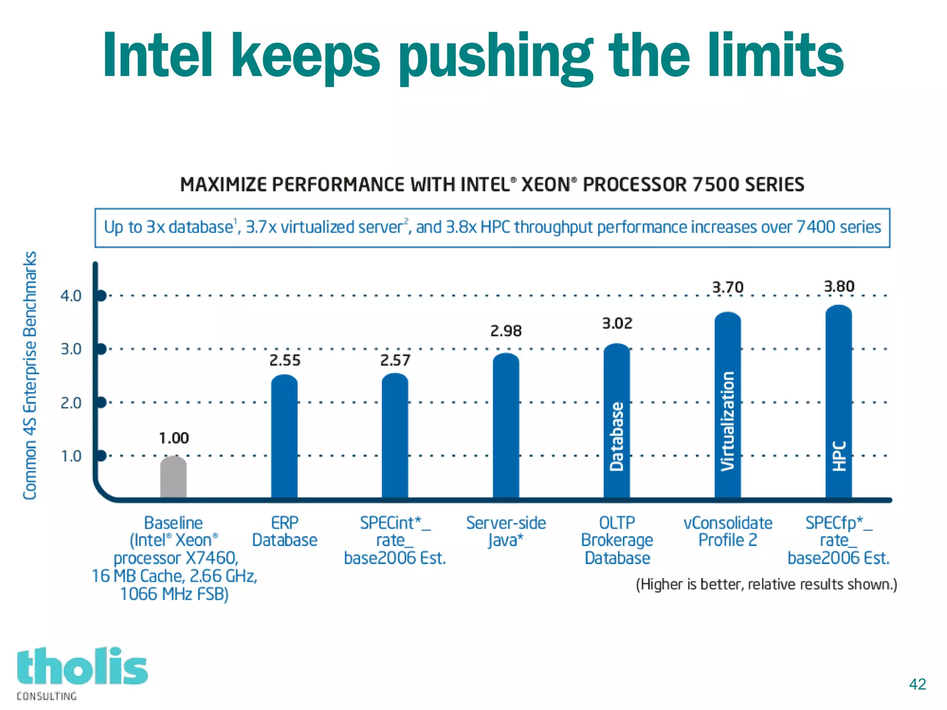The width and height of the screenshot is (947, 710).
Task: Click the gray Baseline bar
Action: (x=173, y=477)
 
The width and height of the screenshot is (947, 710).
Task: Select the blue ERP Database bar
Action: (x=284, y=437)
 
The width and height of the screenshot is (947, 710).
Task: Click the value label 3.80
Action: (x=839, y=287)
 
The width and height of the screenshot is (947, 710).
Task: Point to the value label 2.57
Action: (x=395, y=360)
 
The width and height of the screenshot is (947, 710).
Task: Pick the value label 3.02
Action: (x=617, y=323)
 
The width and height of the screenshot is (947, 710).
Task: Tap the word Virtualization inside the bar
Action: (x=728, y=421)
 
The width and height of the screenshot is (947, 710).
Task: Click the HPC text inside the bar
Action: (x=839, y=456)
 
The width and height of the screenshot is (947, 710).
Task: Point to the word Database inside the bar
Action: (x=617, y=437)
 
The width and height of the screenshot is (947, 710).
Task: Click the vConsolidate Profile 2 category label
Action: (x=728, y=531)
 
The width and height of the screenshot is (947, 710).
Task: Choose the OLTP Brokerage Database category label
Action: (x=617, y=540)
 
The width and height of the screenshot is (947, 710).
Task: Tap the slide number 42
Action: (x=917, y=684)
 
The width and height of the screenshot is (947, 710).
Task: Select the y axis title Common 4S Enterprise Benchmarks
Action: (x=30, y=375)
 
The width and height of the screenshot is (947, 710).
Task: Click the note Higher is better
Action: (x=766, y=584)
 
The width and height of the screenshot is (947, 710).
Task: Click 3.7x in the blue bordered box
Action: (x=261, y=227)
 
